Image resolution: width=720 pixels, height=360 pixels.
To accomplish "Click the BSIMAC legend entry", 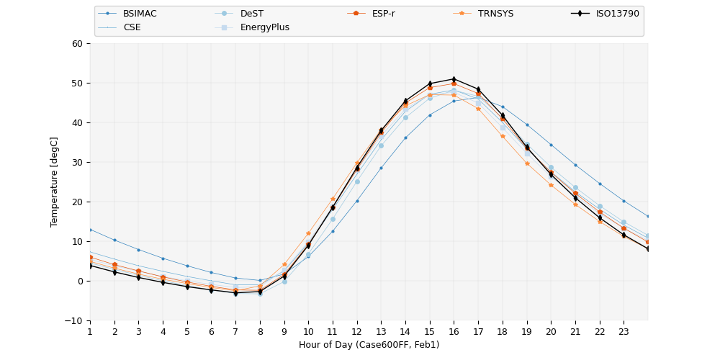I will point(140,14).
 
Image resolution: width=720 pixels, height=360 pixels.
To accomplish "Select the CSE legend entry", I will point(132,27).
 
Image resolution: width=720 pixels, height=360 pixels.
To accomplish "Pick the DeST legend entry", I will point(251,14).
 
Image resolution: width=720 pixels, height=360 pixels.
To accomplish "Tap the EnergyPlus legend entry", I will point(264,27).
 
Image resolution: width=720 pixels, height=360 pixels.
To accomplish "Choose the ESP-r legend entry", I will point(383,14).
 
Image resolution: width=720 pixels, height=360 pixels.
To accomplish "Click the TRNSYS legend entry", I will point(495,14).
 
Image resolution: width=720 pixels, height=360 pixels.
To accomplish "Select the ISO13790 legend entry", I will point(617,14).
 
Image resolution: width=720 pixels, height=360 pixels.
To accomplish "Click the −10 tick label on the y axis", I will point(76,320).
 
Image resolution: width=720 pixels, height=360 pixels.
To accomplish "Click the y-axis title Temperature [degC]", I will point(55,181).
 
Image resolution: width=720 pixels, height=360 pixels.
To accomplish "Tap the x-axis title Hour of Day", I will point(369,345).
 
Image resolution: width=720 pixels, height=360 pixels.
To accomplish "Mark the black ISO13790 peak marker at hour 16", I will point(454,79).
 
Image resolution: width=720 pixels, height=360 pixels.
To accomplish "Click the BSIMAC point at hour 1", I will point(90,230).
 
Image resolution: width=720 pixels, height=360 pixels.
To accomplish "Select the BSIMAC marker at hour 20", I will point(551,145).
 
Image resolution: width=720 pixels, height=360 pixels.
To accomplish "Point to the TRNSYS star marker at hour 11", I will point(333,199).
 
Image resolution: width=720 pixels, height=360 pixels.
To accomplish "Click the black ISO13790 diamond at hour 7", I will point(235,293).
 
